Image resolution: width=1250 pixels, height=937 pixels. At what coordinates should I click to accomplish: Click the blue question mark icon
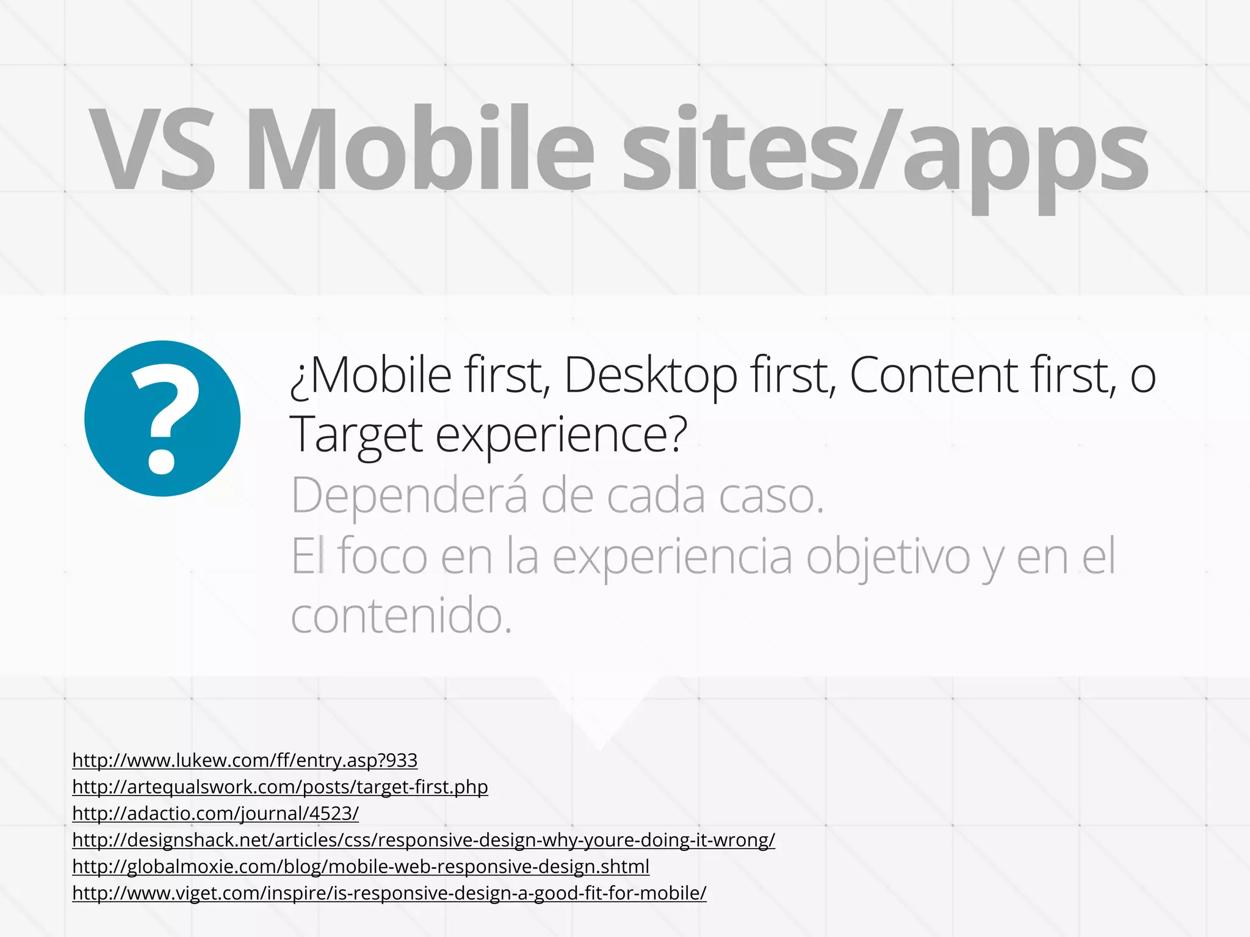162,418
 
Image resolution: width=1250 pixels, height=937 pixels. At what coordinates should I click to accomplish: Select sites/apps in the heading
885,153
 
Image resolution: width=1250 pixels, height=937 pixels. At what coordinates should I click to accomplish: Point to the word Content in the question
934,376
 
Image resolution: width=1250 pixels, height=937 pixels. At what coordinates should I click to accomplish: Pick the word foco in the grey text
383,556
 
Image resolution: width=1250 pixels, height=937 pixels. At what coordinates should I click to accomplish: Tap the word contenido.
401,616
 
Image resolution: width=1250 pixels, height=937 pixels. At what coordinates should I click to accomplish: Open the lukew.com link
245,760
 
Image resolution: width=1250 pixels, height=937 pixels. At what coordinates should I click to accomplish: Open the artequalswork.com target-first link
280,787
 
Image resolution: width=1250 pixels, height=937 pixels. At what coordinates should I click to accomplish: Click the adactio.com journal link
215,813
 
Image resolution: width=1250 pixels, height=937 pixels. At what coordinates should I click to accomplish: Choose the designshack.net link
424,840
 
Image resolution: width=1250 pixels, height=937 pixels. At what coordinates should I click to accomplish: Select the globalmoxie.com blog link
361,866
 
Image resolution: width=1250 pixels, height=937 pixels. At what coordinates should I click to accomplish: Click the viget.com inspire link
389,893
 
